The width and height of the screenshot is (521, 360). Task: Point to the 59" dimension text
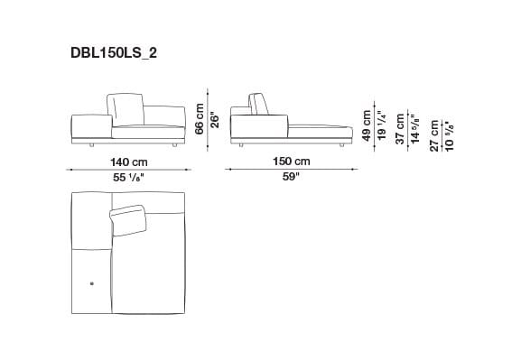(291, 177)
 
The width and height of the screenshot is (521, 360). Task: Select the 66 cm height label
(200, 117)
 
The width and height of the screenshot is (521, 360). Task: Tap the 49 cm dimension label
(367, 125)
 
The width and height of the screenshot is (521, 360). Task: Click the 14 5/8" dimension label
(415, 131)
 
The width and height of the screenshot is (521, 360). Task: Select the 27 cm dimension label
(435, 135)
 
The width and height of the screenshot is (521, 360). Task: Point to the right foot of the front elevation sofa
(172, 143)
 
